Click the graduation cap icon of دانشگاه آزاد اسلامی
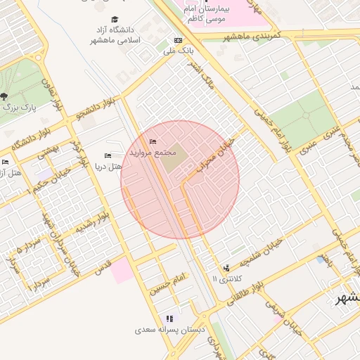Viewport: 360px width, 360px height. point(115,20)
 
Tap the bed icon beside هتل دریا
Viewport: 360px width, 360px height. point(108,155)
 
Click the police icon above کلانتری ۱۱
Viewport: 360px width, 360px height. point(226,268)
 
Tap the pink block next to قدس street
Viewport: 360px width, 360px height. point(122,271)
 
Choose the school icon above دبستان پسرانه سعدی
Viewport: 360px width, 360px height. point(169,319)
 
